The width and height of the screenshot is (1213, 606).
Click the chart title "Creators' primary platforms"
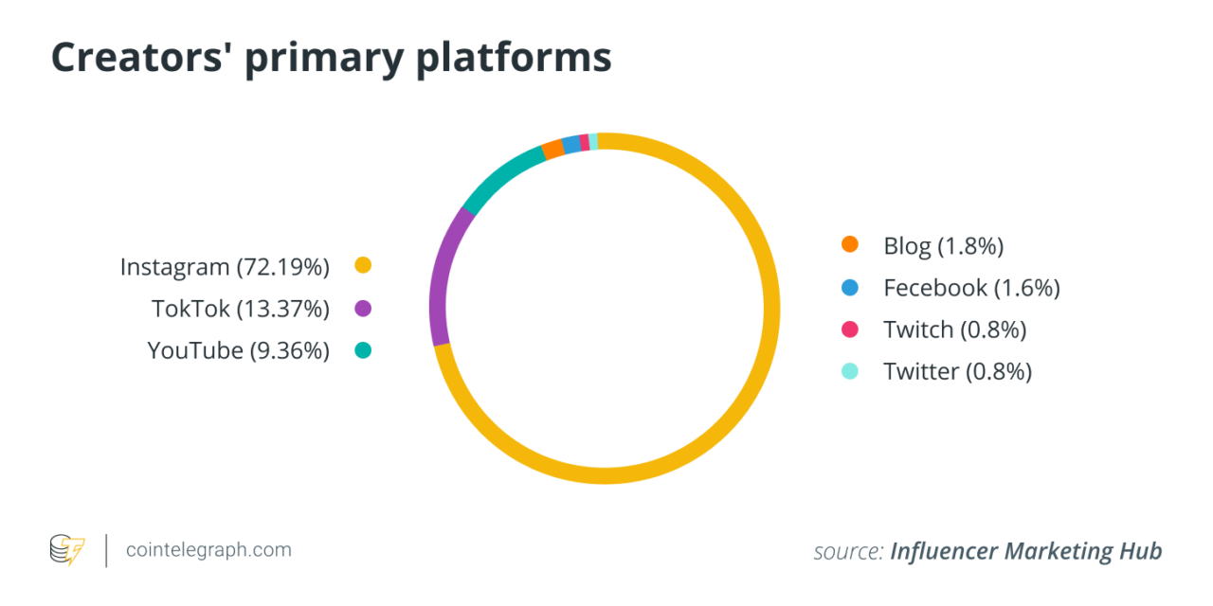coord(331,58)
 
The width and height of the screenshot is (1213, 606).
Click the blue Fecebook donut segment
coord(571,144)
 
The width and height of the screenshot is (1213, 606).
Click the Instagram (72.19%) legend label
coord(225,267)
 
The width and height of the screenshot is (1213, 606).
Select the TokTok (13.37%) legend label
coord(241,309)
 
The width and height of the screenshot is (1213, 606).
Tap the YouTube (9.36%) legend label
coord(238,350)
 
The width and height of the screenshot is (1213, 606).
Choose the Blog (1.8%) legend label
coord(943,246)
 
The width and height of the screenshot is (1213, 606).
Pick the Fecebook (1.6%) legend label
coord(971,288)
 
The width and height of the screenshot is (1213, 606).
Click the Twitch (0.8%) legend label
coord(955,330)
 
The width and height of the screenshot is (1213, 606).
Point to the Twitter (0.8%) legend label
coord(957,371)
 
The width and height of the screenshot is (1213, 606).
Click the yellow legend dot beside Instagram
coord(362,266)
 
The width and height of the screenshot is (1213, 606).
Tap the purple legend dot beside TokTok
coord(362,309)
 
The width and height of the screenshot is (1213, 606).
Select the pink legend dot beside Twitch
coord(850,330)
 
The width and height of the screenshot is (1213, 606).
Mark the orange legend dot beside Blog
coord(850,245)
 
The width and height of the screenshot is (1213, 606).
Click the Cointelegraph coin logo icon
coord(67,550)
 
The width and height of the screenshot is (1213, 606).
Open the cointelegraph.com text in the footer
coord(208,550)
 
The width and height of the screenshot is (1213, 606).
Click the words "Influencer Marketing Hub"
coord(1025,551)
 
